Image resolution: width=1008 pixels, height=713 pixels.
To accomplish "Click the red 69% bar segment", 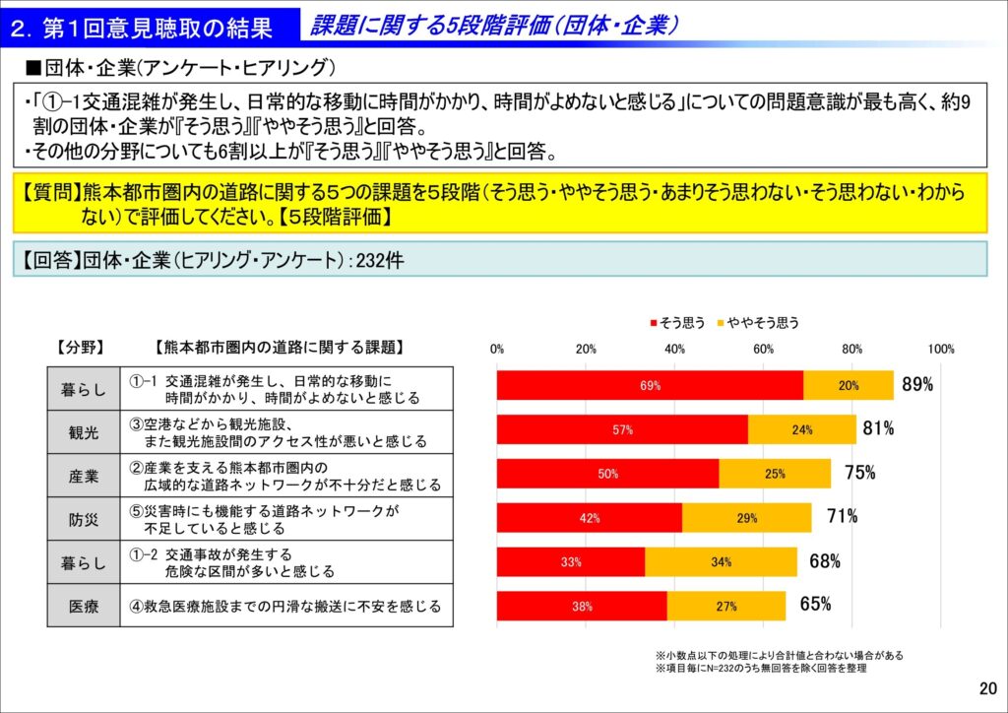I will click(x=650, y=386).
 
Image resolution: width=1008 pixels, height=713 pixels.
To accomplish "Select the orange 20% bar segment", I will click(x=849, y=386).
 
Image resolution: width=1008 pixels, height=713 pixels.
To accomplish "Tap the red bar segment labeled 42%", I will click(x=589, y=518).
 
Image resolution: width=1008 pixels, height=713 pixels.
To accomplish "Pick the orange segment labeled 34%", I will click(x=721, y=562).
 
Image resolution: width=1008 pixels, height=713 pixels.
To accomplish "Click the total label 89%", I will click(x=917, y=385).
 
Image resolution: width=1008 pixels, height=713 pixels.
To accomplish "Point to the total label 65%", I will click(x=815, y=605).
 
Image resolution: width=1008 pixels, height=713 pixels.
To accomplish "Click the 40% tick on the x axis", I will click(x=675, y=349).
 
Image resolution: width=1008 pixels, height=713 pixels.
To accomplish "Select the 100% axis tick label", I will click(x=941, y=349).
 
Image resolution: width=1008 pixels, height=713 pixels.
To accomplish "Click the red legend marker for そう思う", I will click(x=653, y=323).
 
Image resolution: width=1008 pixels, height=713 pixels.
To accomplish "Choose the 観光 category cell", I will click(x=85, y=432).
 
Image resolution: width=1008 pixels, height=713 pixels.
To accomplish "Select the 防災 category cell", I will click(x=85, y=519).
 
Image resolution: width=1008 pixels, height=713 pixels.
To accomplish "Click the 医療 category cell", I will click(x=85, y=607).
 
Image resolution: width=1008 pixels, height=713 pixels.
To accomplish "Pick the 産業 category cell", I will click(x=85, y=476).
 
